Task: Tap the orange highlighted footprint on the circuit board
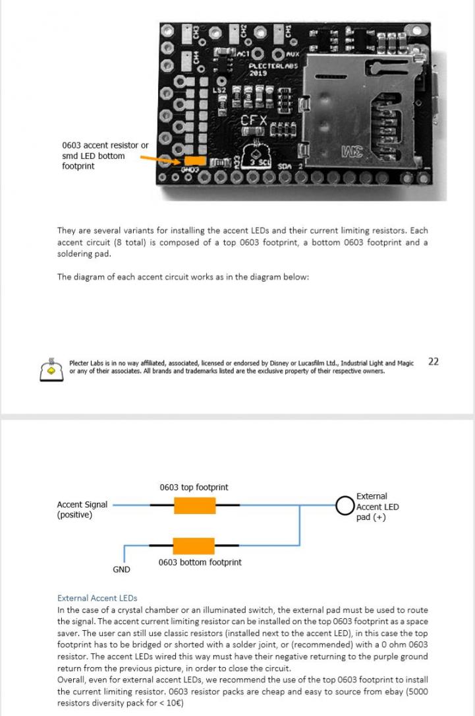point(194,160)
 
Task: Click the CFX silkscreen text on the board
point(254,121)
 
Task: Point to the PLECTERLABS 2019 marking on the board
point(273,69)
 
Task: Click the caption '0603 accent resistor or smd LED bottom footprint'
point(105,156)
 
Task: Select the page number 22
point(433,361)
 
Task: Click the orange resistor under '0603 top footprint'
point(194,505)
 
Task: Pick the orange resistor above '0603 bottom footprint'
point(194,546)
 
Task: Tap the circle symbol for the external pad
point(345,506)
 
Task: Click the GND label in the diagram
point(121,569)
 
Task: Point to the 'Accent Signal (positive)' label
point(82,509)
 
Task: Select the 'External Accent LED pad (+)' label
point(377,507)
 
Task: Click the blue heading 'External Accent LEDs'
point(97,598)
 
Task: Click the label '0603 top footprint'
point(194,487)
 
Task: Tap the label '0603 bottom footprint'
point(200,562)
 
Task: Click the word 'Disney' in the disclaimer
point(277,363)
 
